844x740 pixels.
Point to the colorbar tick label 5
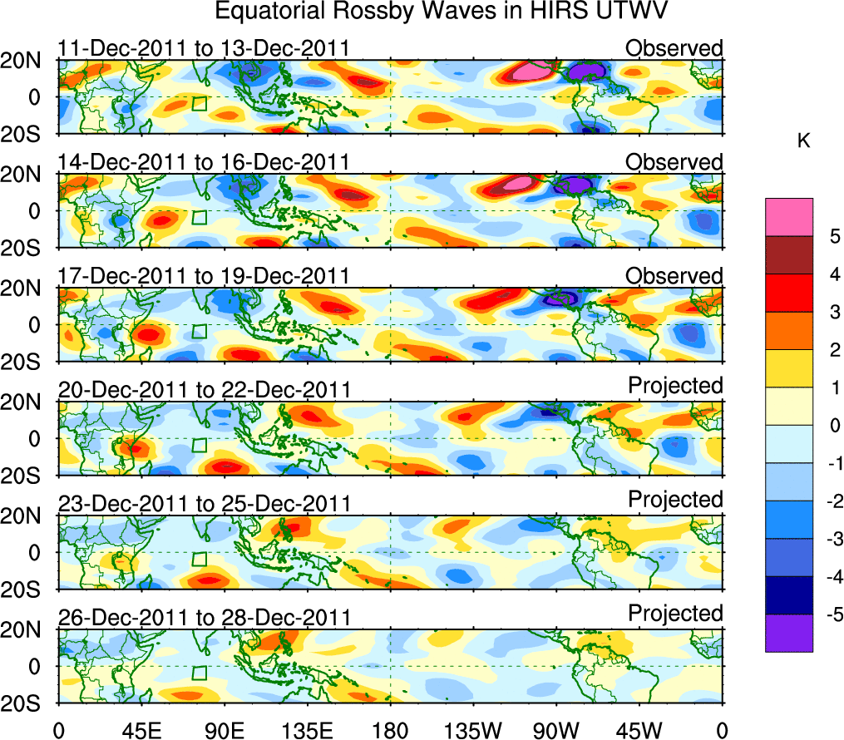click(x=828, y=237)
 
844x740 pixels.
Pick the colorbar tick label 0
click(x=828, y=426)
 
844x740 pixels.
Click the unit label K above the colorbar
click(x=803, y=142)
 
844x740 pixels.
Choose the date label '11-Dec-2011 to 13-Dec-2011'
click(x=203, y=48)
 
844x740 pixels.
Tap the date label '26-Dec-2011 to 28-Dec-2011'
click(x=203, y=618)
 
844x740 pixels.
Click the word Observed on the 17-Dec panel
click(x=674, y=275)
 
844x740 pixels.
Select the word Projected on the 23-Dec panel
click(x=675, y=499)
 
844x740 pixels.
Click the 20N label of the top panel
click(x=26, y=61)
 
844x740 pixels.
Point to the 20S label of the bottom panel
click(x=26, y=703)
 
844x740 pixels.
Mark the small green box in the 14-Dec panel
click(x=199, y=218)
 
